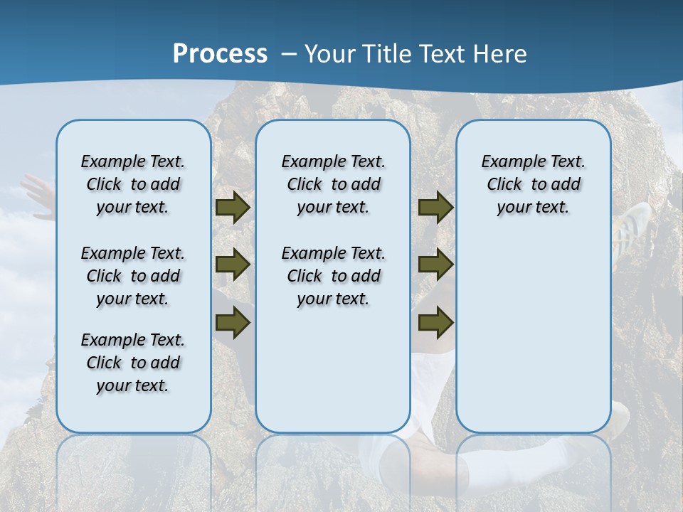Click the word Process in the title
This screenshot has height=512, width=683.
220,53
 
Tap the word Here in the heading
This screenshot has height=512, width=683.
499,54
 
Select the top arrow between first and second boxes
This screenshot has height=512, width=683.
233,208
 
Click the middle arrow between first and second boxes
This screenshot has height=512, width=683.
233,265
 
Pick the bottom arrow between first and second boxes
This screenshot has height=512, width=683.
233,323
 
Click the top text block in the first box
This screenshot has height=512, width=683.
133,184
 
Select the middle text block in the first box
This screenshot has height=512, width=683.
133,276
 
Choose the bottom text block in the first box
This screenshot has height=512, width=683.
133,363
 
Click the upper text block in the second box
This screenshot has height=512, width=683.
333,184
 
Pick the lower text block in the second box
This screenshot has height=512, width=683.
333,276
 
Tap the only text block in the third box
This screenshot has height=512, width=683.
533,184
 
